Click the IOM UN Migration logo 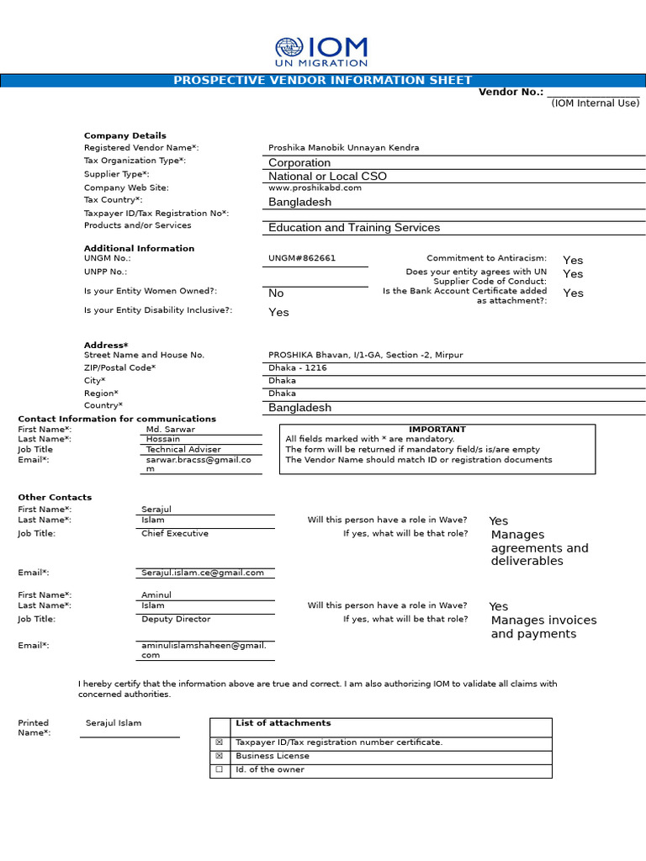click(322, 52)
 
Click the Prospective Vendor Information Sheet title click(322, 81)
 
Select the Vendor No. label click(511, 92)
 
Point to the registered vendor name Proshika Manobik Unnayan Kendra click(343, 148)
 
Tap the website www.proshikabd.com click(315, 188)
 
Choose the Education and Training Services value click(353, 228)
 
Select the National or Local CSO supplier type click(327, 177)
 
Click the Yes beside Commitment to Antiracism click(573, 261)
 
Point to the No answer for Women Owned click(276, 293)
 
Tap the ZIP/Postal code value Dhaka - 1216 click(298, 368)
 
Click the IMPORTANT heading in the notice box click(437, 430)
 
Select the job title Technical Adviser click(183, 450)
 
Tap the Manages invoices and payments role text click(543, 627)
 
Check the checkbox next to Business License click(220, 757)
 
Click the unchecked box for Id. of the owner click(220, 770)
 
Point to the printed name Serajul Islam click(114, 724)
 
